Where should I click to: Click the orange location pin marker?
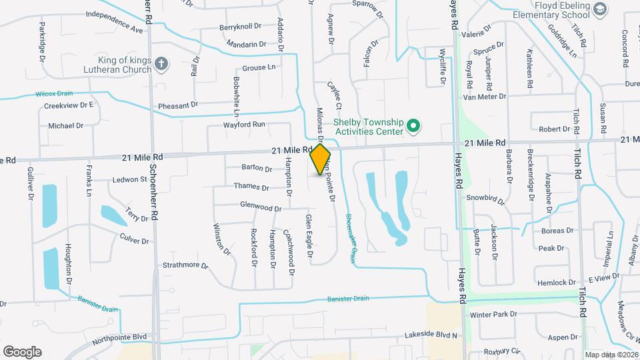pos(320,159)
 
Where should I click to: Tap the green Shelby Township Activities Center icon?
pos(413,125)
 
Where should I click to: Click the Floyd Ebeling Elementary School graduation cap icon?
pos(599,9)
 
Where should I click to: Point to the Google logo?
pos(22,352)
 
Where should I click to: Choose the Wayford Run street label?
pos(245,125)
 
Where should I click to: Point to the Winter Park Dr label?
pos(493,314)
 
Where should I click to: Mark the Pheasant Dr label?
pos(178,105)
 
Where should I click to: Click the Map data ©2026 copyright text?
pos(611,355)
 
